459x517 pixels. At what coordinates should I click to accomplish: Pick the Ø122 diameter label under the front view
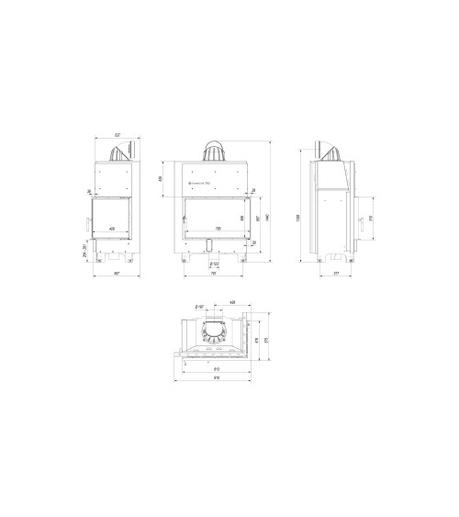214,263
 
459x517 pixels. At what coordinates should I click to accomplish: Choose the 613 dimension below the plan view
215,370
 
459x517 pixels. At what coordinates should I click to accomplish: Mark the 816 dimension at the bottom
215,378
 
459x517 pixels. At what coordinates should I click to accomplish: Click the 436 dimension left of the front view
162,179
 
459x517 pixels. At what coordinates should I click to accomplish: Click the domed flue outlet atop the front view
214,152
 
